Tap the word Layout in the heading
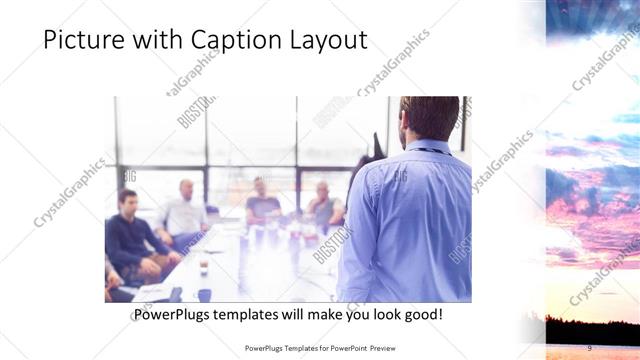click(325, 40)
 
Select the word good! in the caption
click(422, 315)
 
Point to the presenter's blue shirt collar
click(427, 147)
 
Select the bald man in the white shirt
click(185, 212)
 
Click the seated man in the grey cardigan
click(324, 207)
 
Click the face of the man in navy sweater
click(127, 200)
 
